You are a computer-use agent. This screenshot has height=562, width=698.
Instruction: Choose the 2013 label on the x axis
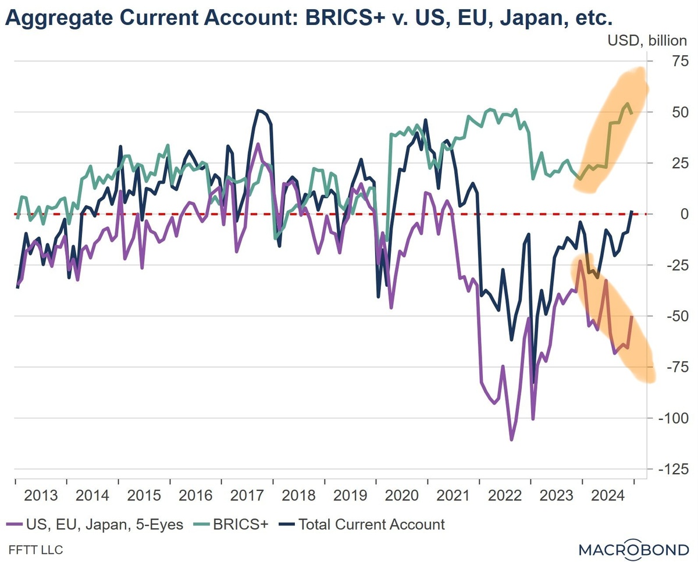[41, 495]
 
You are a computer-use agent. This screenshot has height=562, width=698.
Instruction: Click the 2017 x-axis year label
[247, 495]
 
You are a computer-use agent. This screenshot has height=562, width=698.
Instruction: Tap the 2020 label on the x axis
[402, 495]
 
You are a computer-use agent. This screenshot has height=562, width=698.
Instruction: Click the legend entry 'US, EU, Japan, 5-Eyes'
[96, 525]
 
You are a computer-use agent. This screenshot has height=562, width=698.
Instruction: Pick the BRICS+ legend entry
[236, 525]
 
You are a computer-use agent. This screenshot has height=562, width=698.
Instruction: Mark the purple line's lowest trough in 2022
[511, 440]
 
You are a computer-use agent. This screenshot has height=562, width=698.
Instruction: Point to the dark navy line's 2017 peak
[258, 111]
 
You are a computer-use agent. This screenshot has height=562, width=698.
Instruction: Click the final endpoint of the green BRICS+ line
[632, 113]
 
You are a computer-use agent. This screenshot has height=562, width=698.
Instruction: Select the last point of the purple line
[632, 316]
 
